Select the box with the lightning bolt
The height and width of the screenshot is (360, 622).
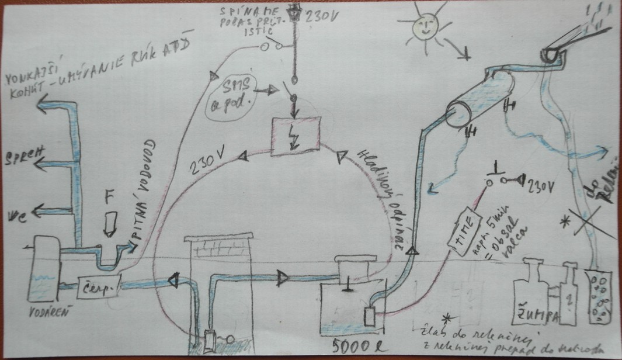click(296, 136)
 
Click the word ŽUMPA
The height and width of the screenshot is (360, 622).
click(530, 315)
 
